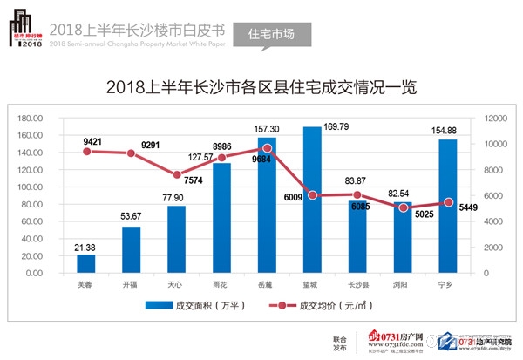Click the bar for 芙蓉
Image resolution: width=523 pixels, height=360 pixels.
(86, 263)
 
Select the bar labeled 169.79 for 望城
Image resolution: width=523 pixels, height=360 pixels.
(312, 200)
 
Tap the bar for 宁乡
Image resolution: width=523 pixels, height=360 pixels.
(447, 207)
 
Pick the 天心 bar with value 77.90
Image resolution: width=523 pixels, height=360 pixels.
(177, 240)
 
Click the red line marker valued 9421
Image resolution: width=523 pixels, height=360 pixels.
(86, 152)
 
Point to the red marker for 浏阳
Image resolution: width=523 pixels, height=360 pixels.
(402, 208)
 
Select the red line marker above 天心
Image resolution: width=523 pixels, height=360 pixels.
(177, 175)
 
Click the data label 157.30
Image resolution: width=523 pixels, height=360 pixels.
(266, 129)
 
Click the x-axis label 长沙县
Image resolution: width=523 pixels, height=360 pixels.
(357, 283)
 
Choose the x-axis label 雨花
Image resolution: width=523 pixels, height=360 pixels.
(221, 283)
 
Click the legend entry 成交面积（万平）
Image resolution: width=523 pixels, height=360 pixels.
(193, 306)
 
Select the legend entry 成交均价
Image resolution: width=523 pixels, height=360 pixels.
(318, 306)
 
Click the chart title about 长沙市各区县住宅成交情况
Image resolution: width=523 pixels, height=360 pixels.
(261, 88)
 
